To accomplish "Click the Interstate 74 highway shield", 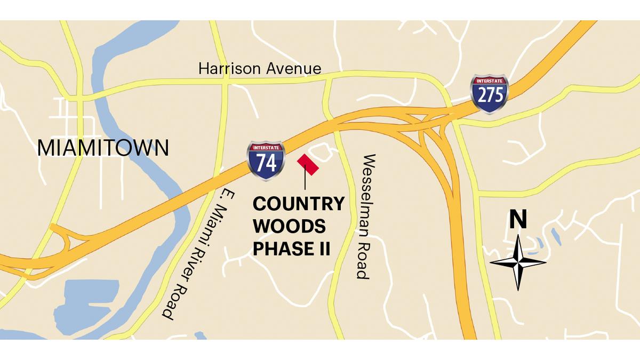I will click(266, 160).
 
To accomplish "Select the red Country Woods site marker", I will click(308, 164).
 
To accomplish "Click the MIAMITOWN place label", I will click(103, 147).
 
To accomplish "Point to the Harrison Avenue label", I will click(260, 68).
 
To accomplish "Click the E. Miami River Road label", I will click(194, 257).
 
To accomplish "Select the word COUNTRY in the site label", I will click(298, 204).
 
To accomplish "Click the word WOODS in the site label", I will click(289, 227).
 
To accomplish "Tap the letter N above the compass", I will click(517, 220).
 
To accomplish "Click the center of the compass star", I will click(518, 262).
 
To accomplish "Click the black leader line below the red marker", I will click(305, 180).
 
